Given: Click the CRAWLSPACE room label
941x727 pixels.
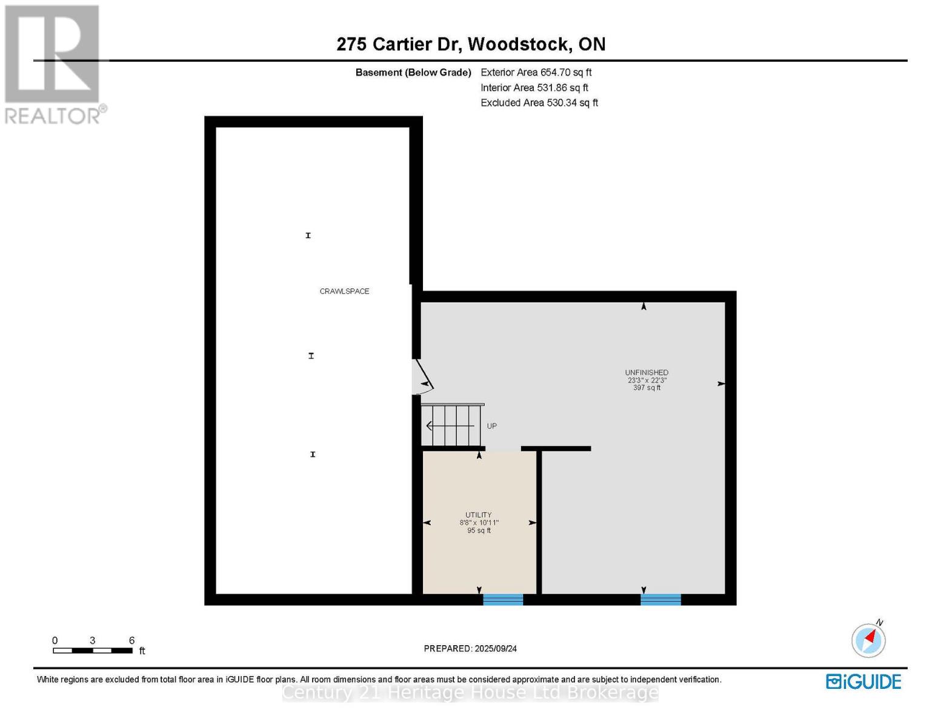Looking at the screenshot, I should [x=344, y=291].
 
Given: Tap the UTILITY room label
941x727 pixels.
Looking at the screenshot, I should [x=479, y=515].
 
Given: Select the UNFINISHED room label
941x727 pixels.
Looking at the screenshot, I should [x=647, y=373].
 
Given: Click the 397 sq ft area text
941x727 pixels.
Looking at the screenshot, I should [x=647, y=388].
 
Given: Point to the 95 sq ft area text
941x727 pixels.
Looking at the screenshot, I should [x=479, y=531].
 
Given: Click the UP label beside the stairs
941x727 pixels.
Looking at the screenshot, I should [x=491, y=426].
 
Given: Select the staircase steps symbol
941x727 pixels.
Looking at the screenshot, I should [x=452, y=425].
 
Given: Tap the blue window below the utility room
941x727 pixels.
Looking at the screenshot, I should [x=503, y=599].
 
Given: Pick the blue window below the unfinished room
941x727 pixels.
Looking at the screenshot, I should [x=660, y=599].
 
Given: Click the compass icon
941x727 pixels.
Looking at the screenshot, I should [x=868, y=640].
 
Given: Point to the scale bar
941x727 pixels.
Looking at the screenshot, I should [x=93, y=651].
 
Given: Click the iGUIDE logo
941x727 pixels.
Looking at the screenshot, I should [x=863, y=682].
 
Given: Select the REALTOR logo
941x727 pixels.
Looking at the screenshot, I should [x=53, y=64].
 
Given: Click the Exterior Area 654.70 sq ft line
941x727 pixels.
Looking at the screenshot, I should [x=536, y=72].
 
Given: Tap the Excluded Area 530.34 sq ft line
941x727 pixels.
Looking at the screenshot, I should [x=539, y=103].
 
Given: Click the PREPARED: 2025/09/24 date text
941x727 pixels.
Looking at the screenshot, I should [x=470, y=649].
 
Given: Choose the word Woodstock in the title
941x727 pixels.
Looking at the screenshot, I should [x=519, y=44].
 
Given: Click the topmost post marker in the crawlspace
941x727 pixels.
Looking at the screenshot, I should [x=308, y=236].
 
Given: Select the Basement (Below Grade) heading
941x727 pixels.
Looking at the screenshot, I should [x=413, y=73].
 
